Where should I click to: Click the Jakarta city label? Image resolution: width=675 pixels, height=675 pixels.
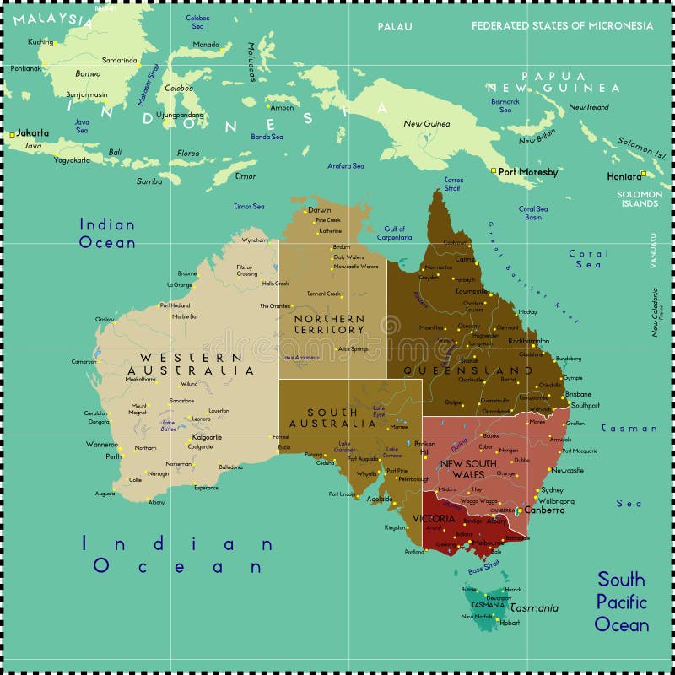click(x=33, y=132)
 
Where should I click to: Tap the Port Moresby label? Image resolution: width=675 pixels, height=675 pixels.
click(x=528, y=172)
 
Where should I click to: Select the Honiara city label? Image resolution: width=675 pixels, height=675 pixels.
click(x=624, y=176)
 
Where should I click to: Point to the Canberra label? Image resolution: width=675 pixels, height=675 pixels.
click(x=544, y=510)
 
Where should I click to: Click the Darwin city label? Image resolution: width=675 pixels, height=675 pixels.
click(x=320, y=209)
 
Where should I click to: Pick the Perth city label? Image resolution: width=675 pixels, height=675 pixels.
click(x=113, y=456)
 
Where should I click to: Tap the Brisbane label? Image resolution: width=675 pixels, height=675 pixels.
click(x=578, y=394)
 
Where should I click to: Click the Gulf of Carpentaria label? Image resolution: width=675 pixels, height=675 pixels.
click(x=395, y=233)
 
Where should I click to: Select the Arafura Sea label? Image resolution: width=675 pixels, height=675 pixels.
click(x=346, y=166)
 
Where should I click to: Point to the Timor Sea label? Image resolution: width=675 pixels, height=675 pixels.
click(x=249, y=206)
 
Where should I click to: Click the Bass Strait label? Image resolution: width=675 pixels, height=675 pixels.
click(x=483, y=569)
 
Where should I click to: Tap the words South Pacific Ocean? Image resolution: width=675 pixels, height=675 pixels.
click(x=622, y=602)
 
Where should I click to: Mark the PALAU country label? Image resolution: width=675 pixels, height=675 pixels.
click(x=395, y=26)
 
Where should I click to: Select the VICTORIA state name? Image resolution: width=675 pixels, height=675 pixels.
click(x=434, y=518)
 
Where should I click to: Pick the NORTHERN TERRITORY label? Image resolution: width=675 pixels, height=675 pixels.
click(x=329, y=324)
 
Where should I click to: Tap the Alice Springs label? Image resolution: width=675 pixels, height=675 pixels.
click(x=354, y=348)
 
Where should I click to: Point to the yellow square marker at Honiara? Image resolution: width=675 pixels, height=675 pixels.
click(x=643, y=174)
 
